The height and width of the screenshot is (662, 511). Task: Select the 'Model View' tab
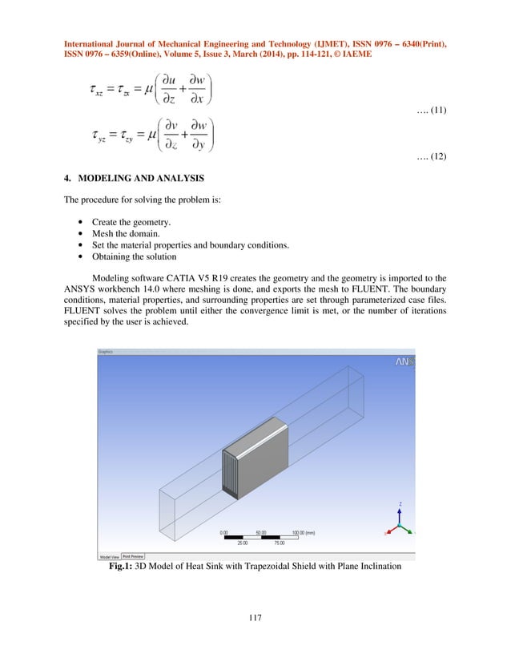(109, 555)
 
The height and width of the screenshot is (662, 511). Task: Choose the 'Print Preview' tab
(133, 555)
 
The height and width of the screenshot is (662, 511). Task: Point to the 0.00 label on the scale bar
(224, 531)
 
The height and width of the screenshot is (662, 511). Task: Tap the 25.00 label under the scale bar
(242, 543)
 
